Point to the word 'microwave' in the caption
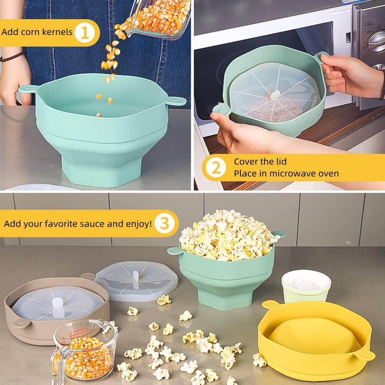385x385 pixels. (288, 174)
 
